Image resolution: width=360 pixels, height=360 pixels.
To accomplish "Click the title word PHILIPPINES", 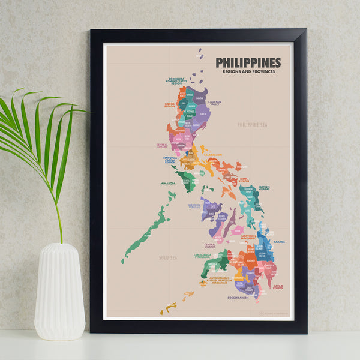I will tap(248, 63).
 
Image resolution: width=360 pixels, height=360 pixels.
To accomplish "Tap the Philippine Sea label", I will tap(251, 125).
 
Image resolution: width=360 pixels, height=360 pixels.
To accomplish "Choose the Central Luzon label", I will tap(162, 145).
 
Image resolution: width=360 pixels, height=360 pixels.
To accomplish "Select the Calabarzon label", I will tap(212, 154).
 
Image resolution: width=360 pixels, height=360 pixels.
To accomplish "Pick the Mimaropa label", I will tap(168, 183).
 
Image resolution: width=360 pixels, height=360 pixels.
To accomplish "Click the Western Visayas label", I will tap(194, 206).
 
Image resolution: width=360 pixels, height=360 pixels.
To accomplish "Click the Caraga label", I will tap(279, 242).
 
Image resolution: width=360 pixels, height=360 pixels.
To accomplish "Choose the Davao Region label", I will tap(278, 287).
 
